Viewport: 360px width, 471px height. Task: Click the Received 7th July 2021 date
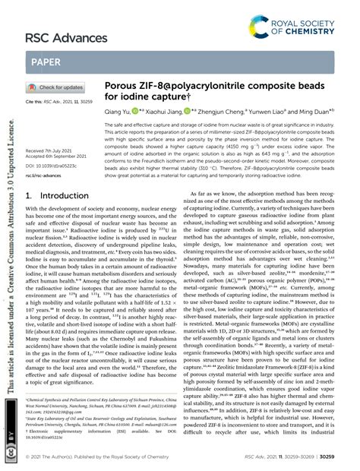point(54,151)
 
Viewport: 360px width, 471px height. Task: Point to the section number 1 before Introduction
point(29,195)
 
